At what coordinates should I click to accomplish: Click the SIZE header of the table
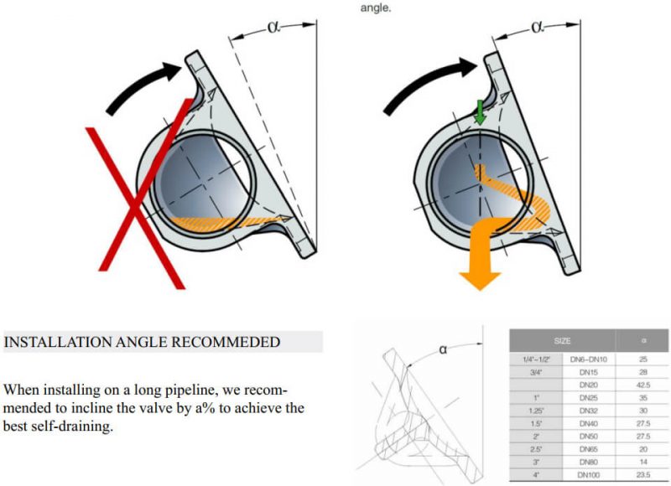[563, 341]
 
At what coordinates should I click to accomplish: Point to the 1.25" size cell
[536, 411]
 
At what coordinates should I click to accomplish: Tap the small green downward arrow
[479, 112]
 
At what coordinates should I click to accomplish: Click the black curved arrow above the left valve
[143, 85]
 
